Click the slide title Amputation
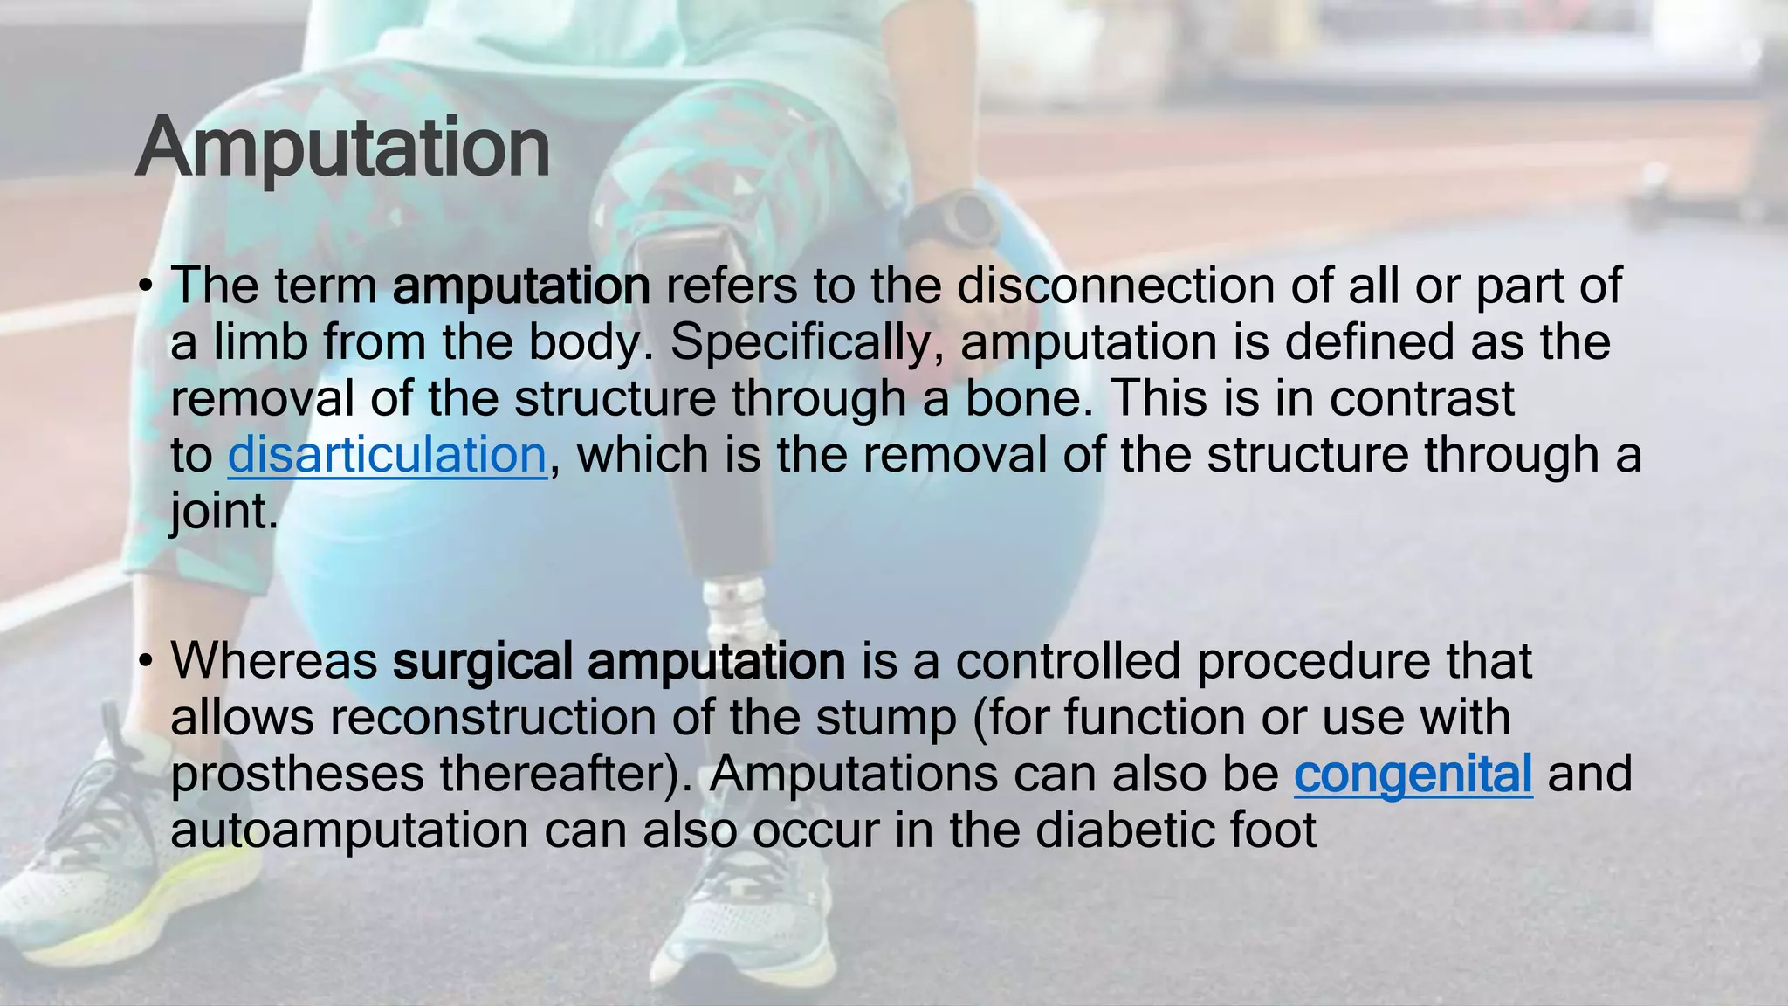[342, 147]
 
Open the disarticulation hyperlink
[387, 455]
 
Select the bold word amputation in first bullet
[521, 286]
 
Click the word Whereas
[273, 661]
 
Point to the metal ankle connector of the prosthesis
[734, 611]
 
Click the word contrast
[1422, 399]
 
